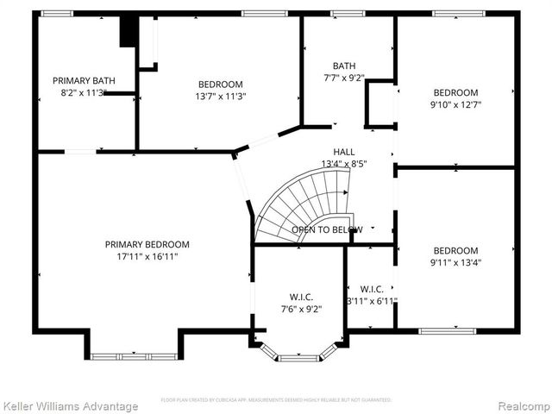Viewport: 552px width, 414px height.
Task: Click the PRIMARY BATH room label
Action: point(78,80)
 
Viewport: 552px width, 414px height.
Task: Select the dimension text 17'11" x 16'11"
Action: point(147,256)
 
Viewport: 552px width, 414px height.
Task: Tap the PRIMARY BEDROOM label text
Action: point(147,244)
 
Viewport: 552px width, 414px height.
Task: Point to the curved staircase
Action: point(304,205)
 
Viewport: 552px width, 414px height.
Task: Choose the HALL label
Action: point(344,151)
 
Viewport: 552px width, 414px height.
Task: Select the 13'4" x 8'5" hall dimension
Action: point(344,163)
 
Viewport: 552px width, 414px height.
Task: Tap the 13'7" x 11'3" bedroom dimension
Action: point(220,97)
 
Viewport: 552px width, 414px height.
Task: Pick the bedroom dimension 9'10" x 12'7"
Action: point(456,104)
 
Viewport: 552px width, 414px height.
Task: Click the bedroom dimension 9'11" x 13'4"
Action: point(456,263)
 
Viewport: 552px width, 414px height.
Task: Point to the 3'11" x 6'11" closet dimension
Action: point(372,301)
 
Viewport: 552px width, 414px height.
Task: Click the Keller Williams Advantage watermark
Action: point(70,405)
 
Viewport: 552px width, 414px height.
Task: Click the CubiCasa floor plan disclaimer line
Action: point(276,400)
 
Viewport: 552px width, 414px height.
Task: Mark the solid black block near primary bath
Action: point(129,31)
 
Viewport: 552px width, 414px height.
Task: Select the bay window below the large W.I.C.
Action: point(299,354)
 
